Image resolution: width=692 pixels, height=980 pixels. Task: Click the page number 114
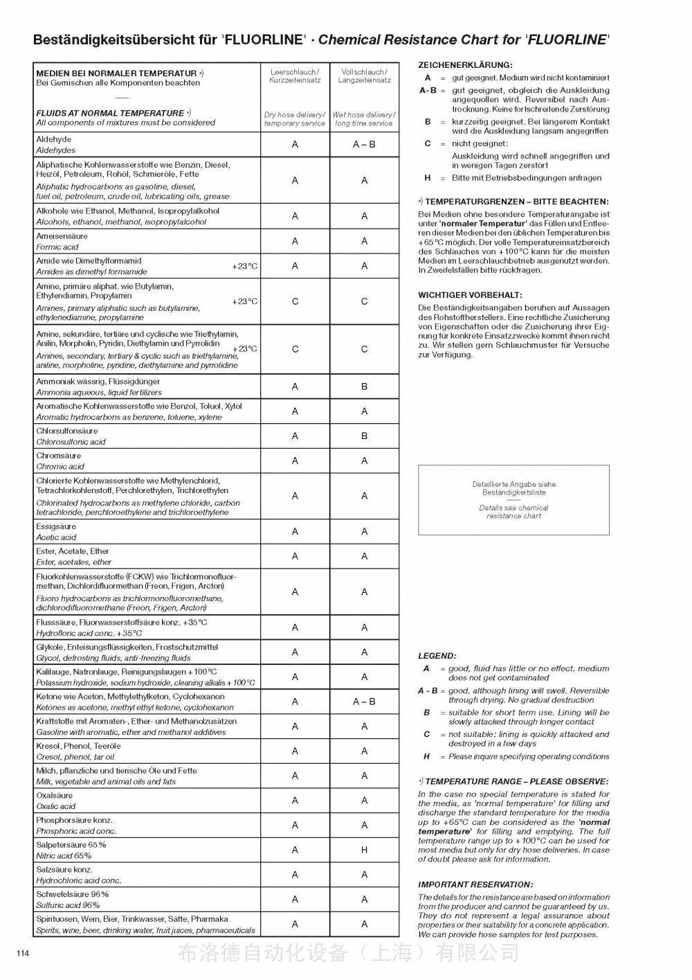click(23, 954)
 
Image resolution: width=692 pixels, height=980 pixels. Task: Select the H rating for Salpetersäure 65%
click(364, 850)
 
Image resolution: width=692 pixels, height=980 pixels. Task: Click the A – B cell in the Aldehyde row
click(364, 145)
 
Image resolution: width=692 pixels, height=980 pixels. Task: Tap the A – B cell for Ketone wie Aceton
click(364, 702)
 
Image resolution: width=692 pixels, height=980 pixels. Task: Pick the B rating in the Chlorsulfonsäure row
click(364, 436)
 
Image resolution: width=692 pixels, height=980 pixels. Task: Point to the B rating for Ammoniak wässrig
click(364, 386)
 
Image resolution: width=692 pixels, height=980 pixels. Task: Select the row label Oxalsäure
click(55, 796)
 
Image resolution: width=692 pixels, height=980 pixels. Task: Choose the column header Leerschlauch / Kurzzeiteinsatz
click(295, 75)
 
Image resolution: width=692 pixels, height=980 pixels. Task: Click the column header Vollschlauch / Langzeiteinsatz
click(364, 75)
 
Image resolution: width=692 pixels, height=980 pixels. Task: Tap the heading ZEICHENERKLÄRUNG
click(465, 64)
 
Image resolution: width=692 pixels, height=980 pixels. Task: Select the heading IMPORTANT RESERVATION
click(475, 884)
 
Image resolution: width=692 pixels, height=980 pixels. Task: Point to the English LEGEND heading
click(437, 655)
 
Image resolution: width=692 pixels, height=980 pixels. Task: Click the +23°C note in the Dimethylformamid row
click(244, 267)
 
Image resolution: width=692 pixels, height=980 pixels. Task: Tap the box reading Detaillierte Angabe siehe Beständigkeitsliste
click(513, 489)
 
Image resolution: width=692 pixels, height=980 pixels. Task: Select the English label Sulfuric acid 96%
click(68, 905)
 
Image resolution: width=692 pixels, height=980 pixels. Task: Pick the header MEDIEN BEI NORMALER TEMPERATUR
click(116, 73)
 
